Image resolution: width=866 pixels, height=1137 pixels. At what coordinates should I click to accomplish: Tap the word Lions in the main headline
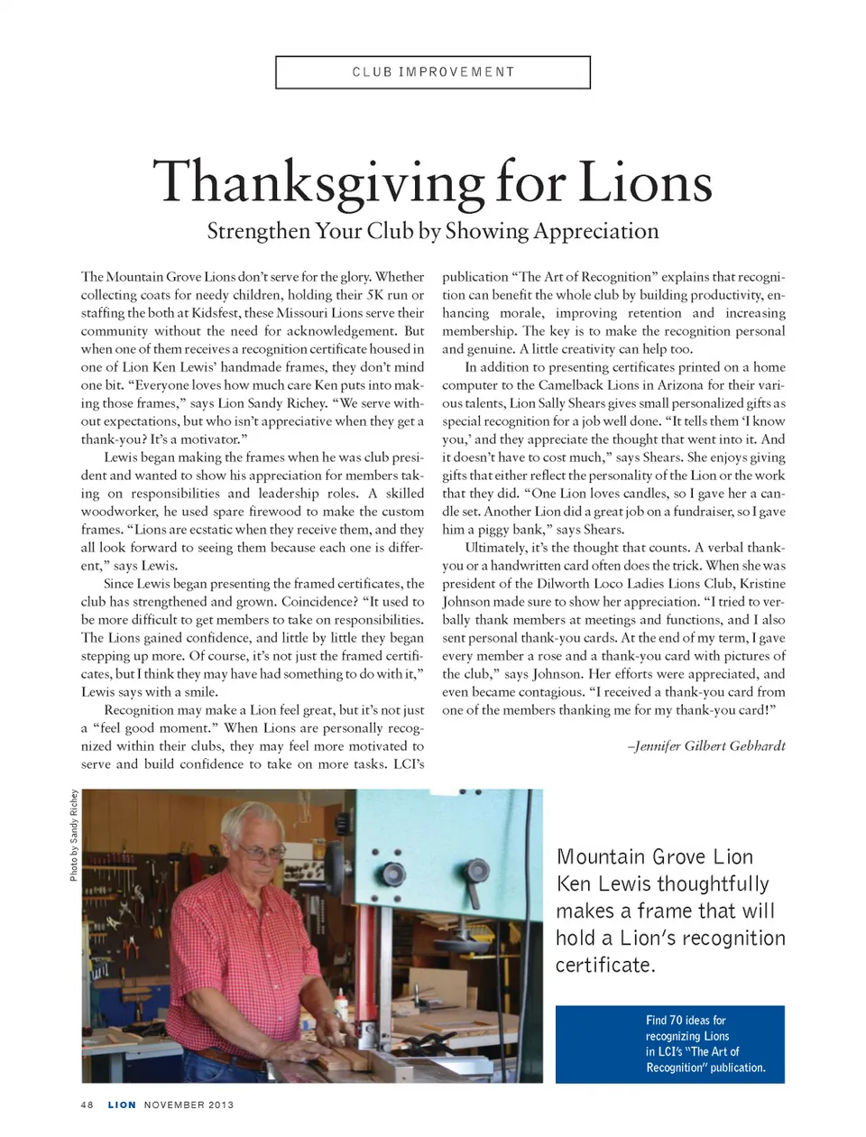click(644, 181)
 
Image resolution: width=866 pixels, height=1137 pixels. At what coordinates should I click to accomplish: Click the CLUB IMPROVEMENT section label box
click(433, 72)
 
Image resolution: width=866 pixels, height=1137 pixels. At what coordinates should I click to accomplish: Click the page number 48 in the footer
click(87, 1105)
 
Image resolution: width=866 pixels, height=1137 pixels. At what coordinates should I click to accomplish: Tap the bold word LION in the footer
click(122, 1105)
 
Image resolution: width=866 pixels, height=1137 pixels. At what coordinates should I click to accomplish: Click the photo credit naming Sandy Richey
click(74, 835)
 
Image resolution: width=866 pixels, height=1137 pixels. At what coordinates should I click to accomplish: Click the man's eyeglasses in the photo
click(263, 851)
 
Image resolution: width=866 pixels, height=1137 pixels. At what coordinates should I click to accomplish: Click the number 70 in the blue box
click(676, 1021)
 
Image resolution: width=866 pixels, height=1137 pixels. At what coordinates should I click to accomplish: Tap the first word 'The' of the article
click(92, 277)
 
